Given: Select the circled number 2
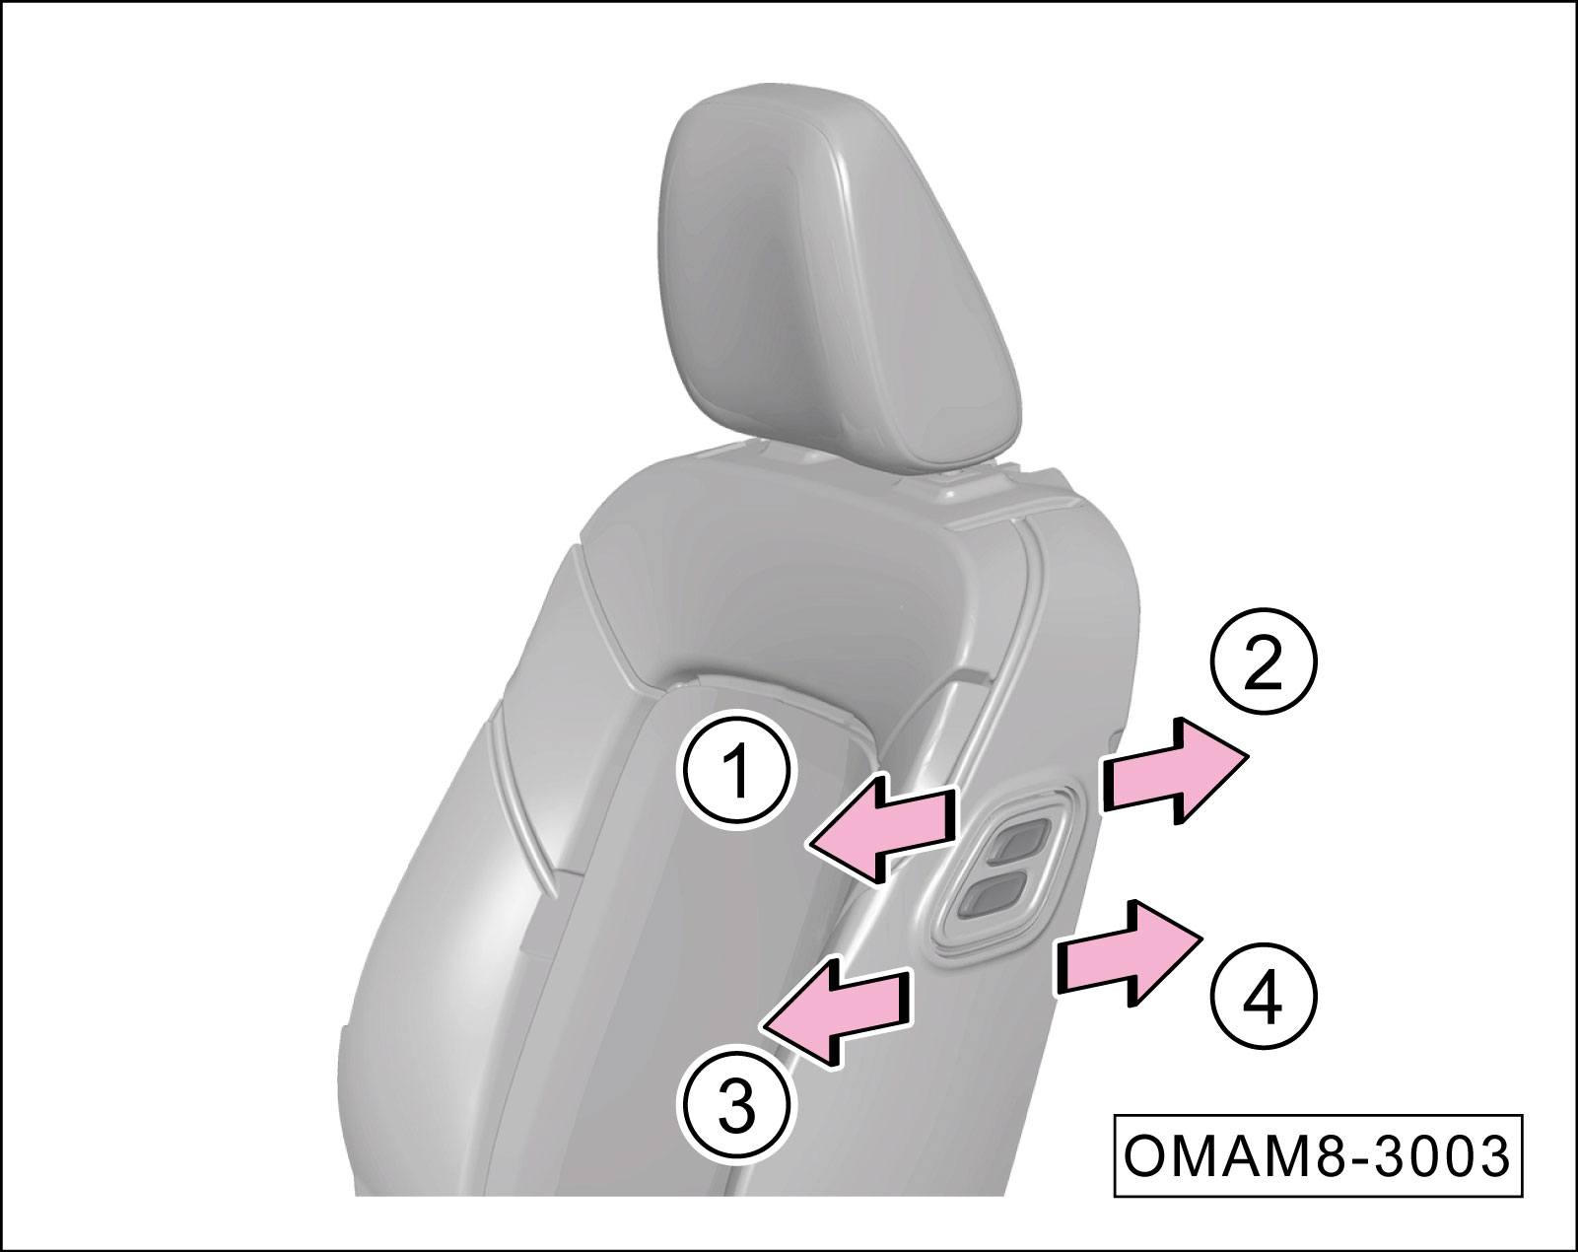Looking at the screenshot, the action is pyautogui.click(x=1264, y=661).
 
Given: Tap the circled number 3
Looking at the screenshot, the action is pyautogui.click(x=737, y=1108).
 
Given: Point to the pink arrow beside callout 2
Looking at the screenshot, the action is pyautogui.click(x=1175, y=772).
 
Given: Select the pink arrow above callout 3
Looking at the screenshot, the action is pyautogui.click(x=837, y=1013).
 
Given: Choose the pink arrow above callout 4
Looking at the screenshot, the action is pyautogui.click(x=1130, y=953).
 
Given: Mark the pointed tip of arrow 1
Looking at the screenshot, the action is pyautogui.click(x=806, y=845).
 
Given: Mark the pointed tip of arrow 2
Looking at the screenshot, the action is pyautogui.click(x=1247, y=756).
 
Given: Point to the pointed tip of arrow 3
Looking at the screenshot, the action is pyautogui.click(x=763, y=1024).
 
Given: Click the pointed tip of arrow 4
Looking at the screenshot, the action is pyautogui.click(x=1202, y=939).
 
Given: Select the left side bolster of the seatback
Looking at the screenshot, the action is pyautogui.click(x=454, y=917).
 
